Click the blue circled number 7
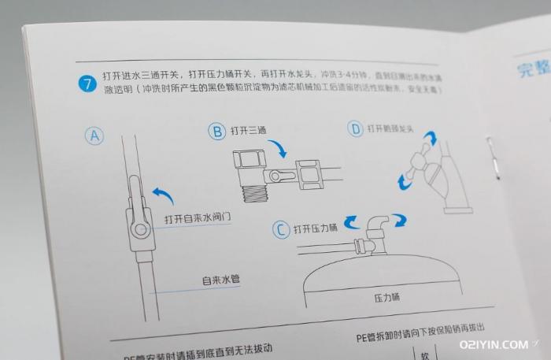pos(89,82)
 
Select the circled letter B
pos(216,132)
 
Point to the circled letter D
pos(355,128)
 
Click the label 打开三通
pos(250,132)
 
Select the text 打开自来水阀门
pos(198,218)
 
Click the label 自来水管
pos(220,280)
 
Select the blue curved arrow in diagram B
pos(278,149)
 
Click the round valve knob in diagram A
pos(139,229)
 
